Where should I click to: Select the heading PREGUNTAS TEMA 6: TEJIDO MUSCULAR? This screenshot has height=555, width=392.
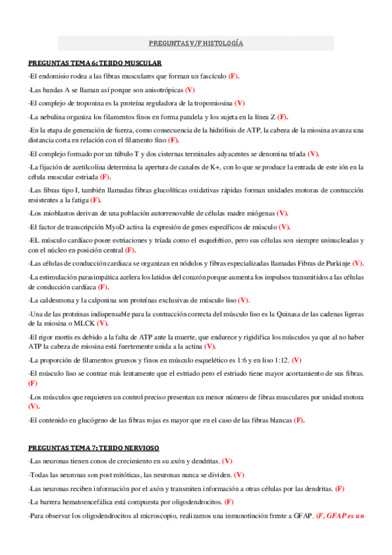[95, 63]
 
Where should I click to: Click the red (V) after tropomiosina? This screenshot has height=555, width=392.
[240, 103]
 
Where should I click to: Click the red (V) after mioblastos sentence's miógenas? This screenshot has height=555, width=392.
[283, 213]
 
